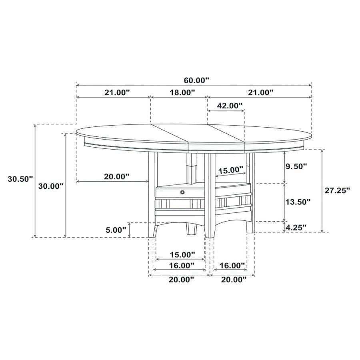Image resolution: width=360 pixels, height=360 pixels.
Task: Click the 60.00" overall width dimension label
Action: click(x=196, y=80)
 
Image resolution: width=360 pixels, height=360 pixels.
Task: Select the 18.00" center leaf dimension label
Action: click(x=182, y=92)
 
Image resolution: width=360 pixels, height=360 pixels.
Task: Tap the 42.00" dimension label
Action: click(x=230, y=106)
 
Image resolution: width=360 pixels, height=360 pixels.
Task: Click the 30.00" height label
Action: click(x=51, y=186)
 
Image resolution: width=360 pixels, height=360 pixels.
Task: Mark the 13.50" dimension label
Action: click(x=297, y=202)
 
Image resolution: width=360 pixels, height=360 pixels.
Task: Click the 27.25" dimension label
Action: click(x=337, y=190)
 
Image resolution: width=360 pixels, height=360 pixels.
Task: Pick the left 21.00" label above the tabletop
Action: click(x=117, y=92)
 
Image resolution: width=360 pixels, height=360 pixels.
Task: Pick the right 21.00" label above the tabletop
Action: click(x=260, y=92)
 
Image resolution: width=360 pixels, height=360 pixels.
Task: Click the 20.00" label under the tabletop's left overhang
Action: click(x=116, y=176)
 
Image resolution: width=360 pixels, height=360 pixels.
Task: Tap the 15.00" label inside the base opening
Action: click(x=230, y=170)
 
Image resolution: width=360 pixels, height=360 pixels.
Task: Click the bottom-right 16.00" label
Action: click(x=232, y=265)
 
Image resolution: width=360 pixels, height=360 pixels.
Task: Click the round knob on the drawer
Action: click(x=183, y=192)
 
